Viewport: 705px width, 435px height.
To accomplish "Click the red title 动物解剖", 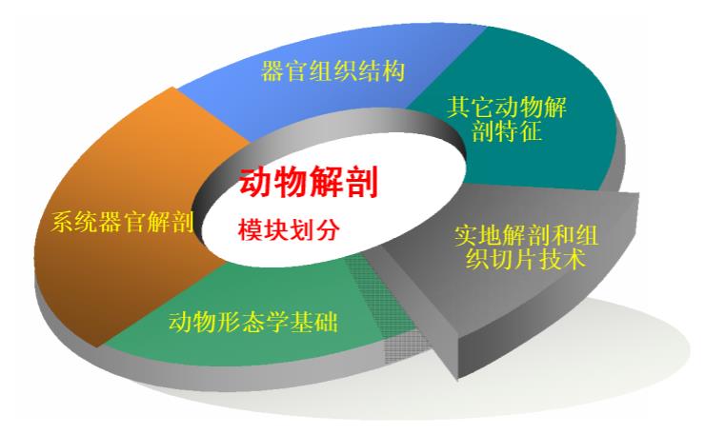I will [x=309, y=183].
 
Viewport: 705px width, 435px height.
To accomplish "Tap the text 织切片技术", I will [x=523, y=259].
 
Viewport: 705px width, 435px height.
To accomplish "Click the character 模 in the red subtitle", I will [x=251, y=228].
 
